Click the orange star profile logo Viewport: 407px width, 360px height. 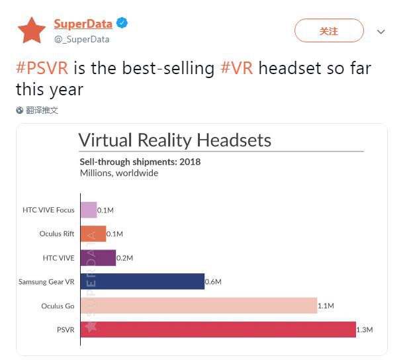coord(30,30)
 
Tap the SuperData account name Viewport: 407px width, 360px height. coord(83,24)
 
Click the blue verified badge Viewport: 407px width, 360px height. coord(122,23)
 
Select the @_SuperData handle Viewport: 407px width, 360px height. coord(81,39)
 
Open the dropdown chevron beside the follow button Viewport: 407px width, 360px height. coord(381,32)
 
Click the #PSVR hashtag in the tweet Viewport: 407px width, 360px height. coord(42,68)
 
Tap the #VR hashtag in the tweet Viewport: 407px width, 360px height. coord(237,68)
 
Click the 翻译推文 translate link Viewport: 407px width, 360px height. coord(42,111)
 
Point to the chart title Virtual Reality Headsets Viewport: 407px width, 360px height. coord(175,140)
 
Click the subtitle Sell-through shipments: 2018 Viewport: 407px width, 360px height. coord(140,161)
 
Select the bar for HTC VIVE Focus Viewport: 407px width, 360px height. coord(89,210)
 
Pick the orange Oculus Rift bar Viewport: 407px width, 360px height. coord(93,234)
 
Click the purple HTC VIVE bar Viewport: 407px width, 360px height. coord(98,257)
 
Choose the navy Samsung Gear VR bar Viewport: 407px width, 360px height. coord(142,281)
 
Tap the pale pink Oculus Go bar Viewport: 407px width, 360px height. coord(199,305)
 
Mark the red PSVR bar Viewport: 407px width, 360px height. coord(218,329)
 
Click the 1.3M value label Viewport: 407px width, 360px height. coord(365,330)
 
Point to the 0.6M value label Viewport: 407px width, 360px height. coord(213,282)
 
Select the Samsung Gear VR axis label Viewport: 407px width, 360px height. coord(46,282)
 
